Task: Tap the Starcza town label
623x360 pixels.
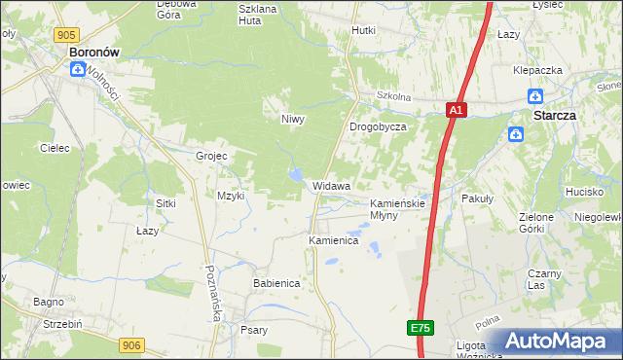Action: [x=554, y=114]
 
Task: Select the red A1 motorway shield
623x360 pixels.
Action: [x=457, y=111]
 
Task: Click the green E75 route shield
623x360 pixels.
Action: [x=420, y=329]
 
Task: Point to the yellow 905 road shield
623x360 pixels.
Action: [x=66, y=35]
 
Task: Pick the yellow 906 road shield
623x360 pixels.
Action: [x=132, y=344]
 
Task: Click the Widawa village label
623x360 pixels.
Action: [x=332, y=185]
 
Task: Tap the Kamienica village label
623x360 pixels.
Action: [x=334, y=239]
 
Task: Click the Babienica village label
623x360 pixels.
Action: [x=276, y=283]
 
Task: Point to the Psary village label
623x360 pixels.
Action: [x=254, y=330]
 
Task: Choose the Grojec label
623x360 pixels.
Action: [x=211, y=156]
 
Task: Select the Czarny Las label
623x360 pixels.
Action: [x=543, y=279]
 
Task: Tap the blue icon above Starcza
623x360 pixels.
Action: [x=534, y=96]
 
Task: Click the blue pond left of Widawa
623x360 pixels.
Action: [x=293, y=175]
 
